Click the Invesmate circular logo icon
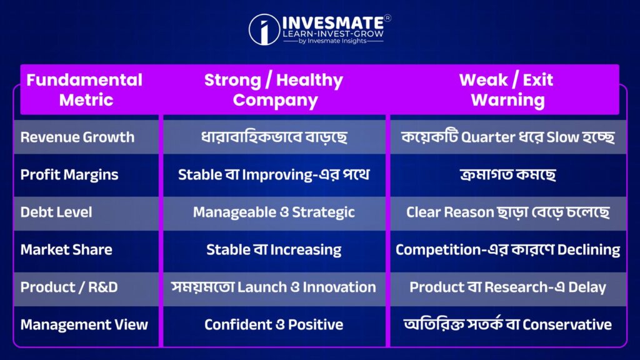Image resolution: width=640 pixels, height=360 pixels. point(264,29)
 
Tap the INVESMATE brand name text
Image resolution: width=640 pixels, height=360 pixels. point(334,23)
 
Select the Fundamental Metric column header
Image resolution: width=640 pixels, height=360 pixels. point(84,90)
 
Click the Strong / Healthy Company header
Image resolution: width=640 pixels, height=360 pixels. point(274,90)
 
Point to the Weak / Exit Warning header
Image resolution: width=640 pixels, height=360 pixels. point(506,90)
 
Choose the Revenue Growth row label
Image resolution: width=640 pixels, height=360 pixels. point(77,137)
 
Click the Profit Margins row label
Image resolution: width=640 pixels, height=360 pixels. point(69,175)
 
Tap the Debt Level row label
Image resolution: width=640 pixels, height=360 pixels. point(56,212)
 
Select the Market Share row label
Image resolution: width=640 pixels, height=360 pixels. point(66,250)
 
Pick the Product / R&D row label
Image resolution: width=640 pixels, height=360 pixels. point(69,287)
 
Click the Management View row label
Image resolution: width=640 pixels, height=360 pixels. point(84,325)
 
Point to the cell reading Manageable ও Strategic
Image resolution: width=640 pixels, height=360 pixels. point(274,212)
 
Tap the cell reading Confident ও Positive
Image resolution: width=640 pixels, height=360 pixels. point(274,325)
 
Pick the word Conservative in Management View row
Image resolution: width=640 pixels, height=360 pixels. point(567,325)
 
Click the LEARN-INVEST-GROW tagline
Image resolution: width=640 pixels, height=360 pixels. point(334,34)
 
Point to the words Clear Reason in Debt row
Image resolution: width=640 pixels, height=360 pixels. point(450,212)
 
